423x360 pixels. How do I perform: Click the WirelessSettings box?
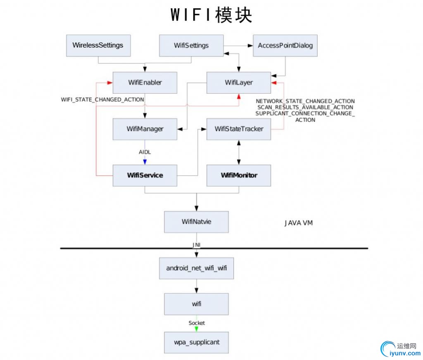[98, 45]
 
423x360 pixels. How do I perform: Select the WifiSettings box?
[191, 45]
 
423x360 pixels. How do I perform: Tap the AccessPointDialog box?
[285, 45]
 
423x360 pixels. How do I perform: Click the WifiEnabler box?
[145, 83]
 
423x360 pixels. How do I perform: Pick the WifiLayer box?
[238, 83]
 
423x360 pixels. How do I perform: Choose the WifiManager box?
[145, 129]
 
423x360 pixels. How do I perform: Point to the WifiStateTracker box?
[238, 129]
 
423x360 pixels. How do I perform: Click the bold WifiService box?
[145, 175]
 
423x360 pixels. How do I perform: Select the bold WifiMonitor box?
[238, 175]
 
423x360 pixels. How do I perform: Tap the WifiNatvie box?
[196, 222]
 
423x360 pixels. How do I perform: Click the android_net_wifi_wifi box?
[196, 268]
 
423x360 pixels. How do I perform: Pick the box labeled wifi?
[196, 304]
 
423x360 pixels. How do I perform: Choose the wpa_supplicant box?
[196, 342]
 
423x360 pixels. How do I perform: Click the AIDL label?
[145, 152]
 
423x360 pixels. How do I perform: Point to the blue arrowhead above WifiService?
[145, 161]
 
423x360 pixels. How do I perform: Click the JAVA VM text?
[298, 223]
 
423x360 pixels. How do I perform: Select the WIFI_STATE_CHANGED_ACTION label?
[102, 99]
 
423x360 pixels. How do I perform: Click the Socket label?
[197, 323]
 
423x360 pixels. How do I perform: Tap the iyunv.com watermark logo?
[399, 349]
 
